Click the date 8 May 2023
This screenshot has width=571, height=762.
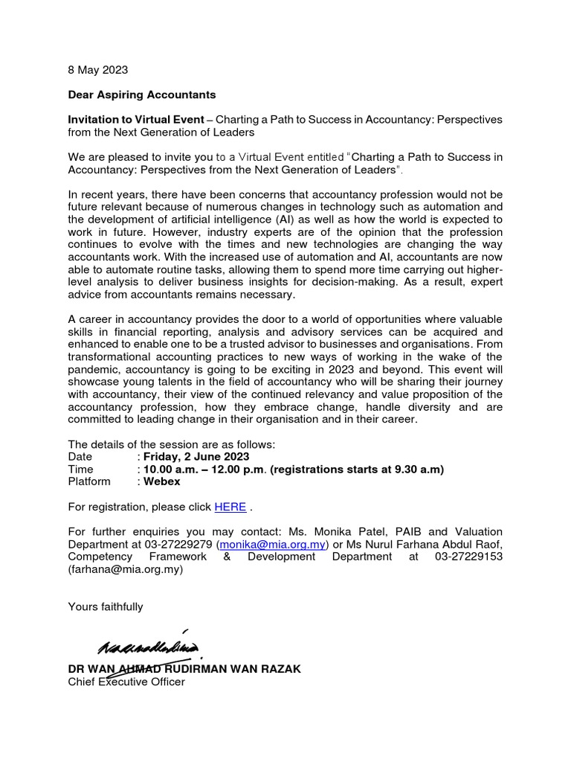[x=97, y=70]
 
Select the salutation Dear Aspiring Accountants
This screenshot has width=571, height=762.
[x=142, y=95]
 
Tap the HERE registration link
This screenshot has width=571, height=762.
[x=230, y=507]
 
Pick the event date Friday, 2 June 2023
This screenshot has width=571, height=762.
[x=196, y=456]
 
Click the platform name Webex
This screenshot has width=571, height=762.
[x=161, y=481]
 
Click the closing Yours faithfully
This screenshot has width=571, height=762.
[x=105, y=606]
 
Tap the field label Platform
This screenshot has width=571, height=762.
[x=89, y=481]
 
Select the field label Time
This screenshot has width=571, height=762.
[x=80, y=469]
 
